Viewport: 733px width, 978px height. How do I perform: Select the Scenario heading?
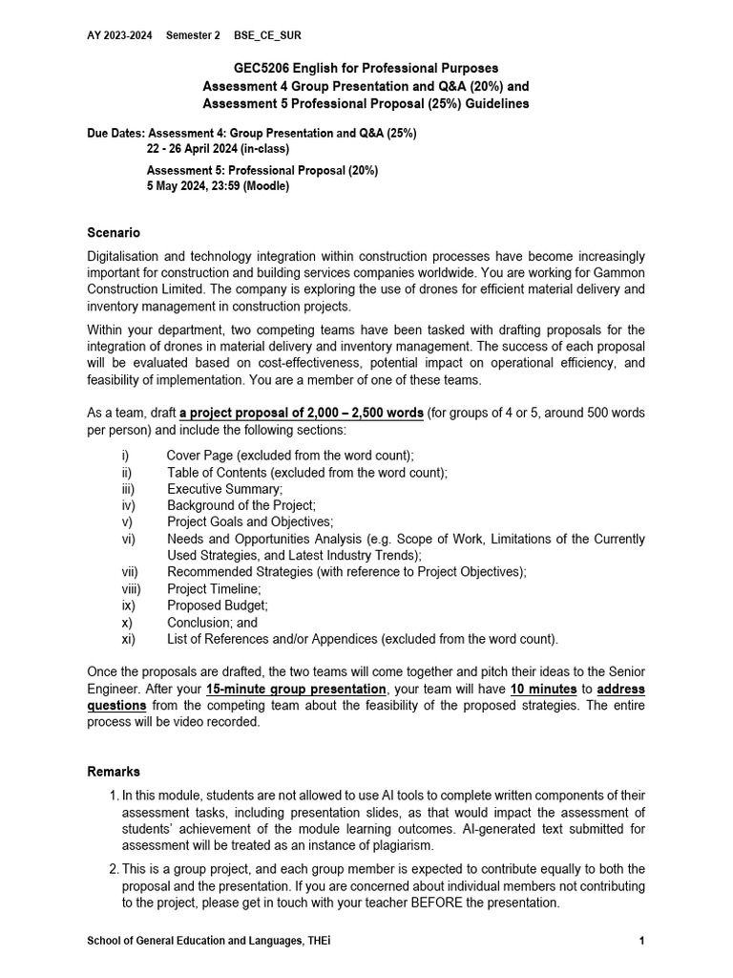click(114, 232)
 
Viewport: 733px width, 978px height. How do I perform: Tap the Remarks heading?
click(114, 772)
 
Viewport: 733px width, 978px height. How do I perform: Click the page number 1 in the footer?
click(642, 942)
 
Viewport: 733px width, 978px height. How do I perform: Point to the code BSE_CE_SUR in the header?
click(267, 34)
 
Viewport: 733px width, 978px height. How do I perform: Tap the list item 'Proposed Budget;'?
click(218, 606)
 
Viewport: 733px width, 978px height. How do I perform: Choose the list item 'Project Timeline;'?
click(214, 588)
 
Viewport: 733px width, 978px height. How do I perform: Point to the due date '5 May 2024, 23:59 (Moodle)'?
click(218, 186)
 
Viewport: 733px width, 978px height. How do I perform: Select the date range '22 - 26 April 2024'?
click(200, 149)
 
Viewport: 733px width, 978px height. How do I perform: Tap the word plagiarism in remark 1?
click(402, 845)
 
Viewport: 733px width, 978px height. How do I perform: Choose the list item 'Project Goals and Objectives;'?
click(250, 522)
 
